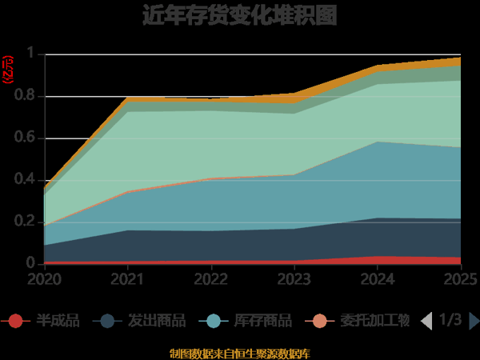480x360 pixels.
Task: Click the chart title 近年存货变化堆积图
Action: click(x=239, y=15)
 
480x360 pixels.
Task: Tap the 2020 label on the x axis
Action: click(x=43, y=279)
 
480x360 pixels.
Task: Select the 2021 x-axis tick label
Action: click(x=127, y=279)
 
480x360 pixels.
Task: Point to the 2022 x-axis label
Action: click(x=211, y=279)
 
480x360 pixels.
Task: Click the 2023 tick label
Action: click(x=295, y=279)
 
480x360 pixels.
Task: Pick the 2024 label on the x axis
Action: click(x=379, y=279)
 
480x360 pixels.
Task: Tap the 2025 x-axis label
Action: click(x=461, y=279)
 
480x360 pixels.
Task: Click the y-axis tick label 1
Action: click(x=31, y=54)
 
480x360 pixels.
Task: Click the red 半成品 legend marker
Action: click(x=16, y=322)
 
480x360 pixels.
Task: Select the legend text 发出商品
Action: click(x=157, y=322)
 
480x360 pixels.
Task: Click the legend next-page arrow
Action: click(x=474, y=322)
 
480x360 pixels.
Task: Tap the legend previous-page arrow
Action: click(x=426, y=322)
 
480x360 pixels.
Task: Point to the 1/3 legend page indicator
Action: click(x=450, y=321)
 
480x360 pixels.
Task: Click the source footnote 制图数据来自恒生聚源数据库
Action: click(x=239, y=353)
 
